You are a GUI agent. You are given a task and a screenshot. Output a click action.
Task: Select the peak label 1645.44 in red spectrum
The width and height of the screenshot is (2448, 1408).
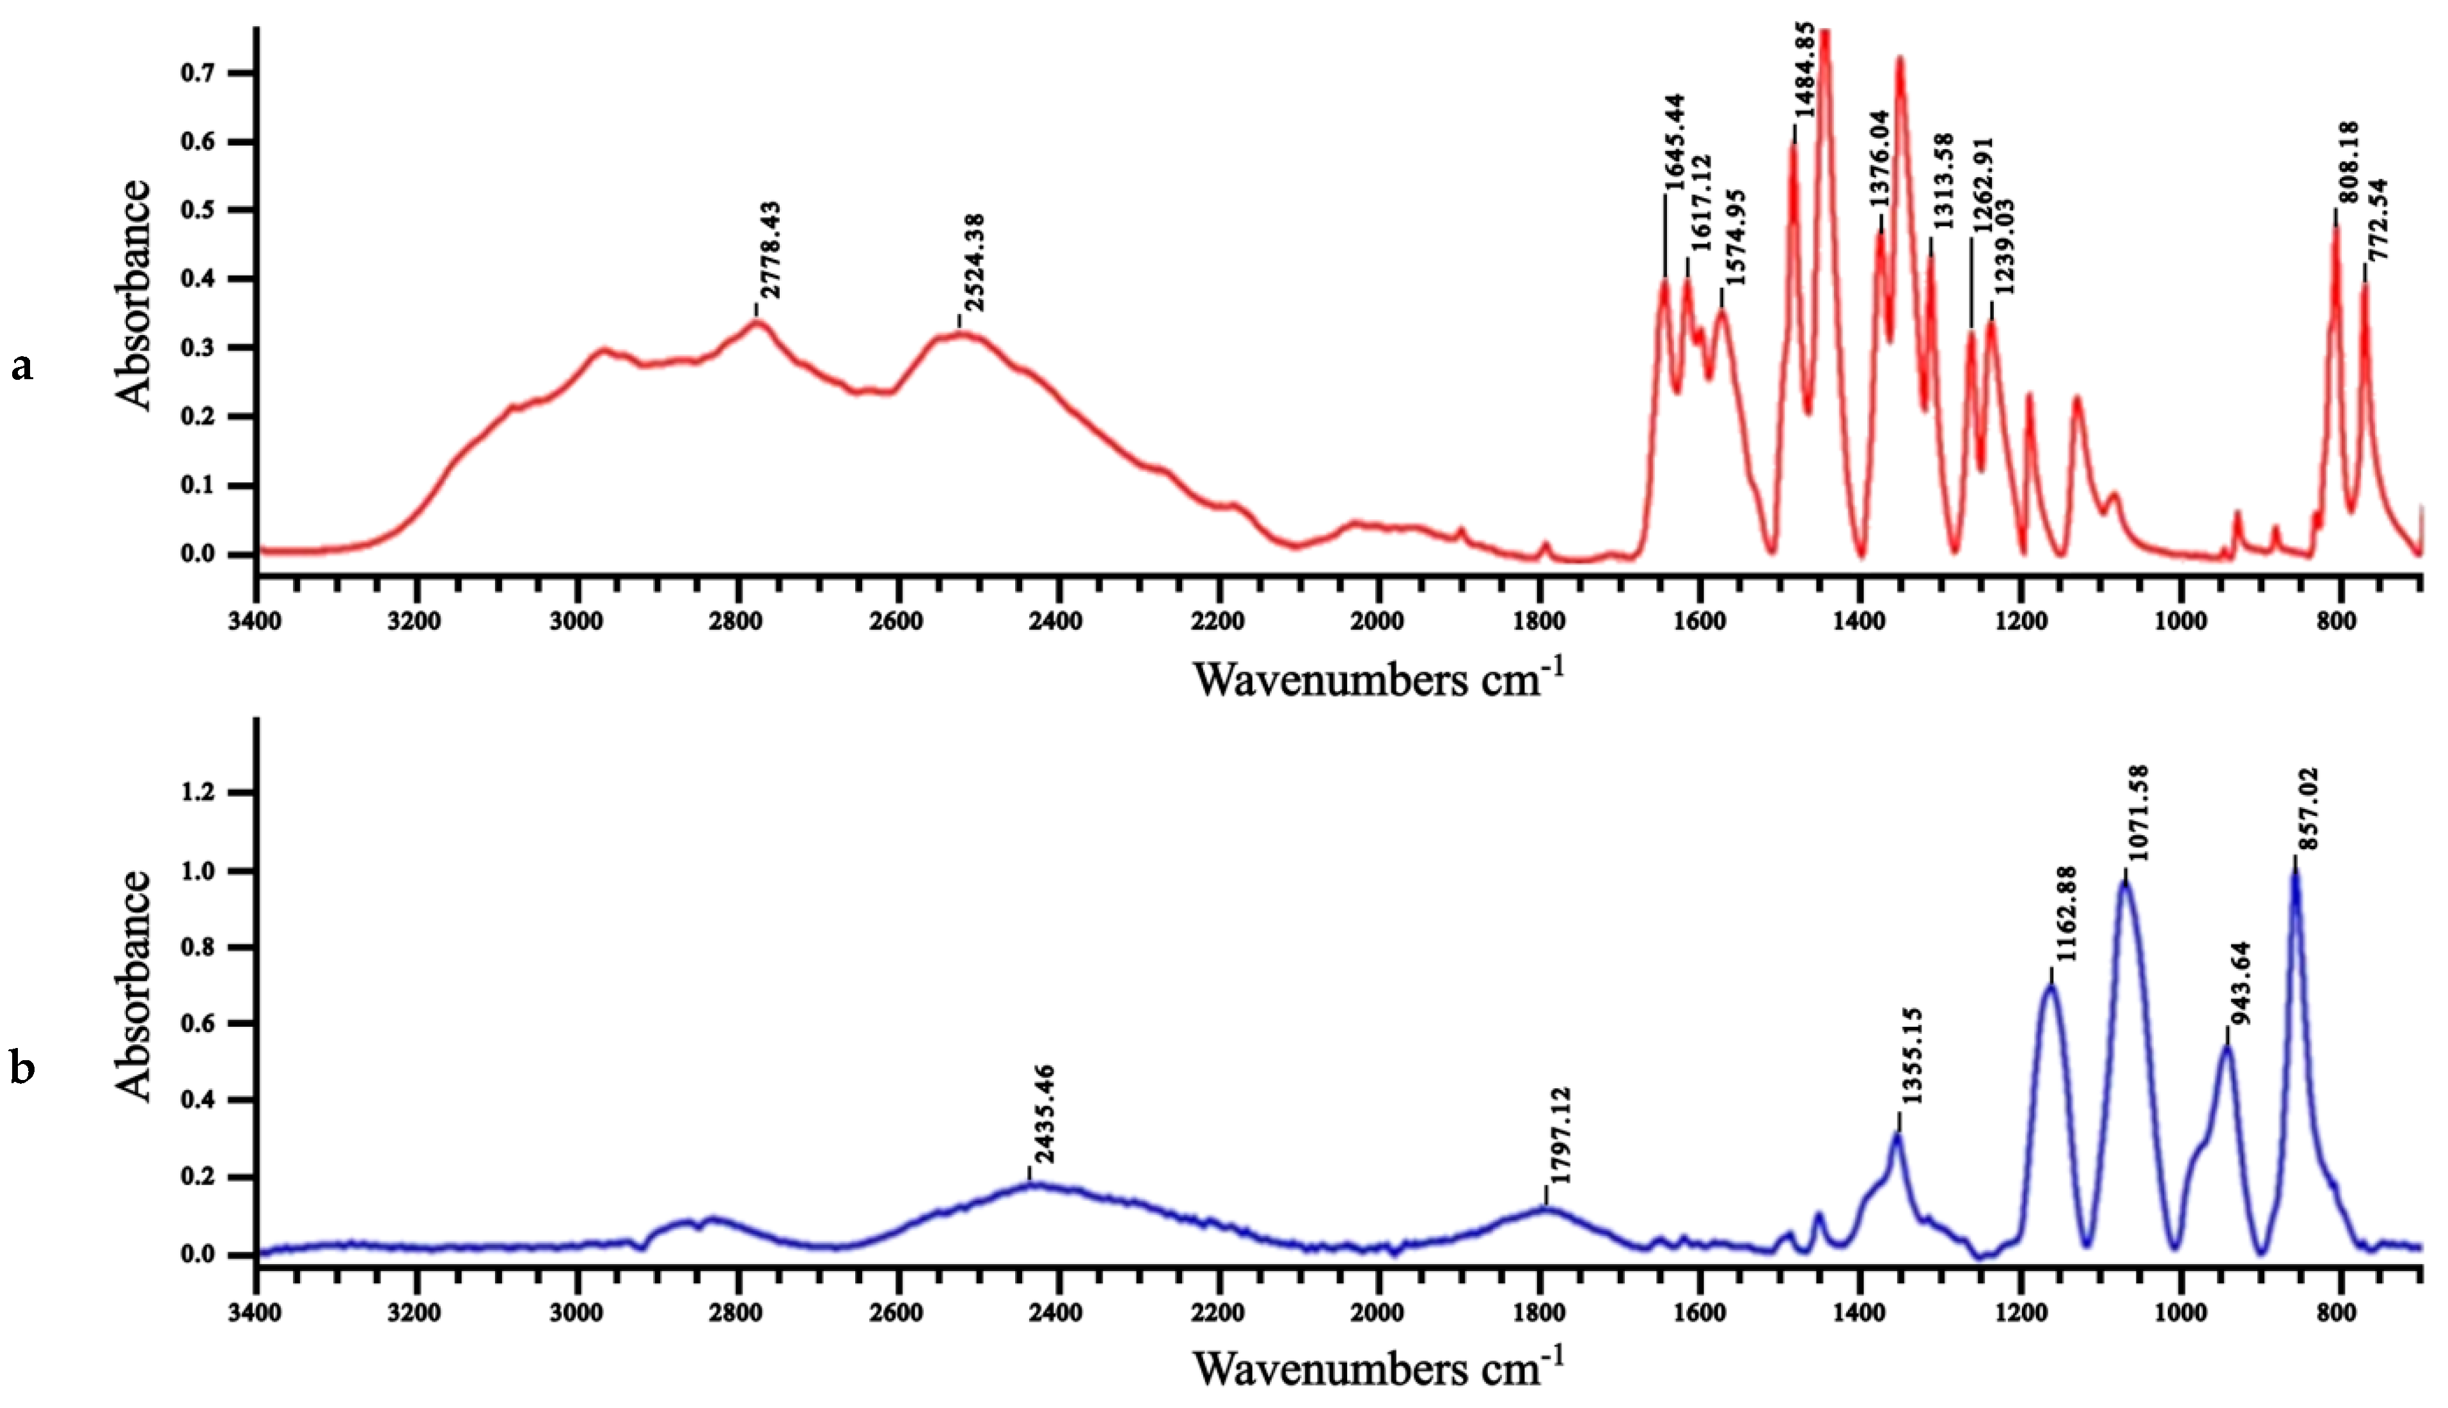[x=1674, y=141]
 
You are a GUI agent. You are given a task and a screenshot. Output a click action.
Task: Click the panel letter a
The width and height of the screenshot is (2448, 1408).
[x=21, y=368]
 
